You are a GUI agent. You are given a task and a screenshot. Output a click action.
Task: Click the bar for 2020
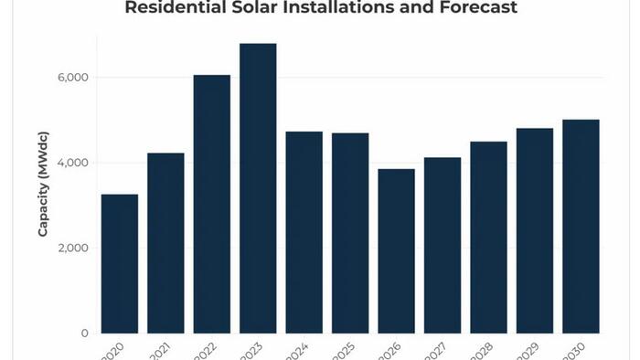pos(119,264)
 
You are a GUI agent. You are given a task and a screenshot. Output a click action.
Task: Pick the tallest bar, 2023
pos(258,188)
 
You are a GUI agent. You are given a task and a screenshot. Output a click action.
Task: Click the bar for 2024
pos(304,232)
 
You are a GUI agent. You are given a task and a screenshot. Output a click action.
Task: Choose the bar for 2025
pos(350,233)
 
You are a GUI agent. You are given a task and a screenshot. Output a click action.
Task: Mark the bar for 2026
pos(396,251)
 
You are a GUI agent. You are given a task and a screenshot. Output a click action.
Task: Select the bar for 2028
pos(488,238)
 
